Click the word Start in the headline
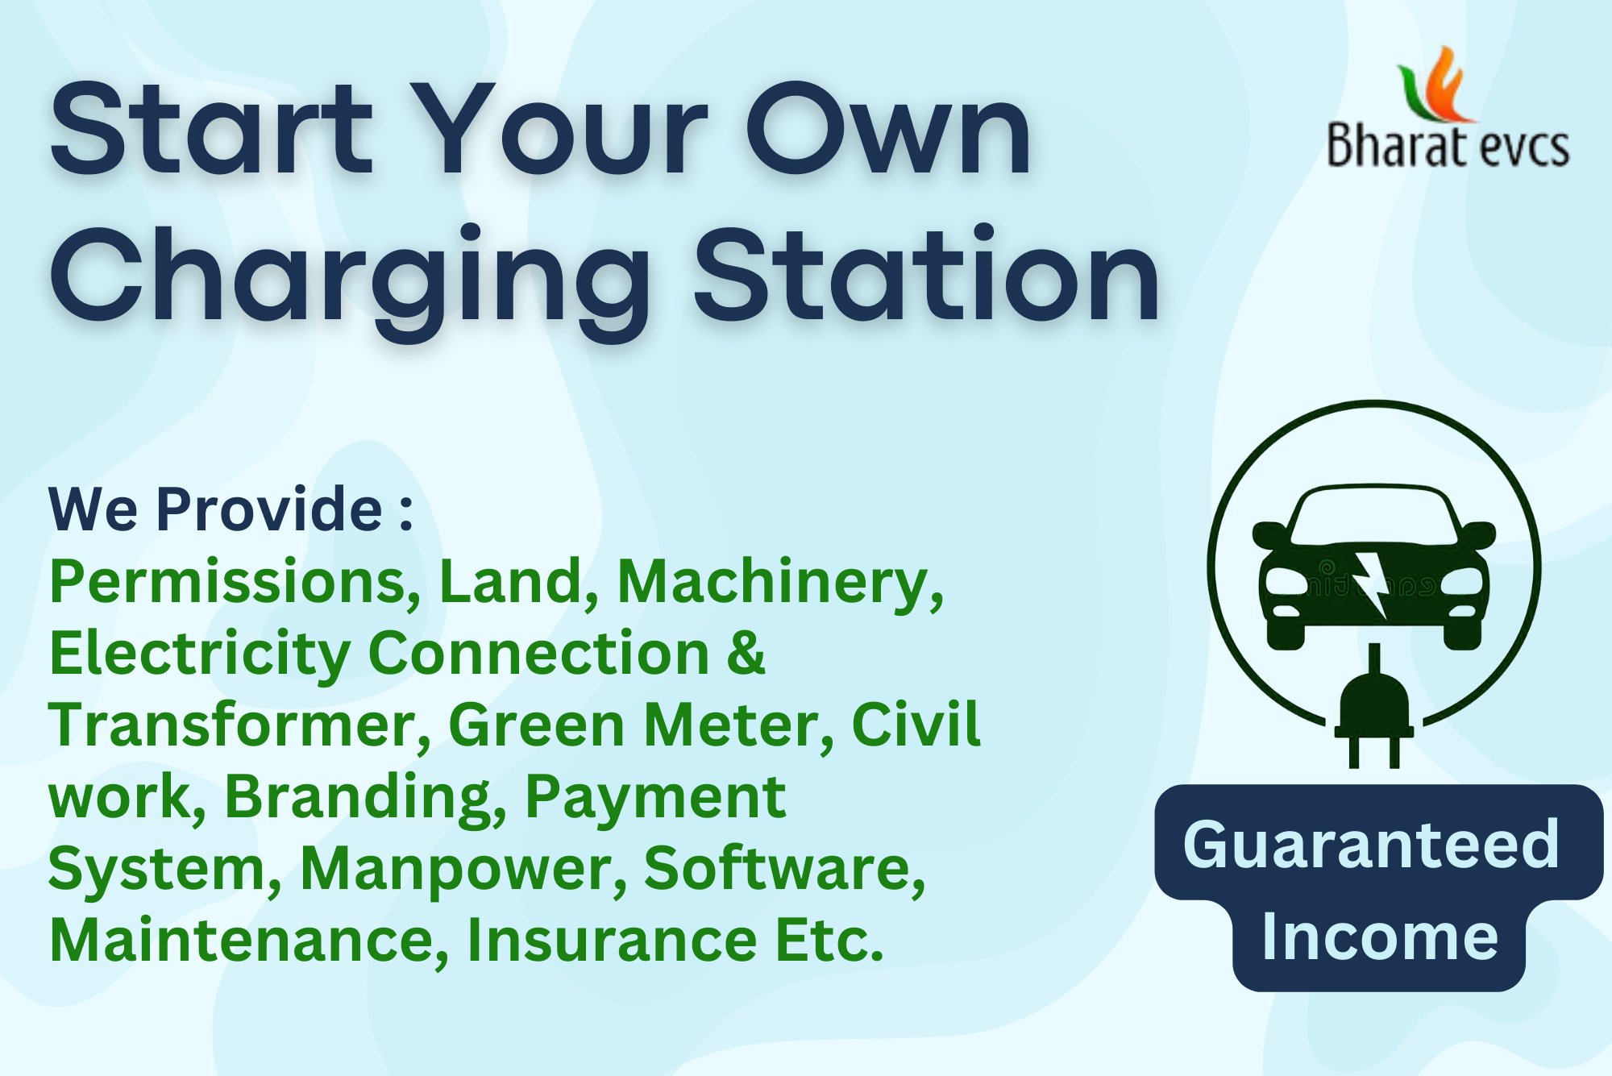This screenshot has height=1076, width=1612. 211,129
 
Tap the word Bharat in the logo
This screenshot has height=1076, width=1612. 1398,146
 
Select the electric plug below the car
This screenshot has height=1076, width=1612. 1374,705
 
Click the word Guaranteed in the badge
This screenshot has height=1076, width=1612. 1371,845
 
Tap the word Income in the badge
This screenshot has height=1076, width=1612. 1379,937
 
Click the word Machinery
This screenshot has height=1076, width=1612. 779,583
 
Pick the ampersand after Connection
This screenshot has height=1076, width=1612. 746,653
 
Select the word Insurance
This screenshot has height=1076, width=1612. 612,940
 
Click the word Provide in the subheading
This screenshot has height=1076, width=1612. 269,509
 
